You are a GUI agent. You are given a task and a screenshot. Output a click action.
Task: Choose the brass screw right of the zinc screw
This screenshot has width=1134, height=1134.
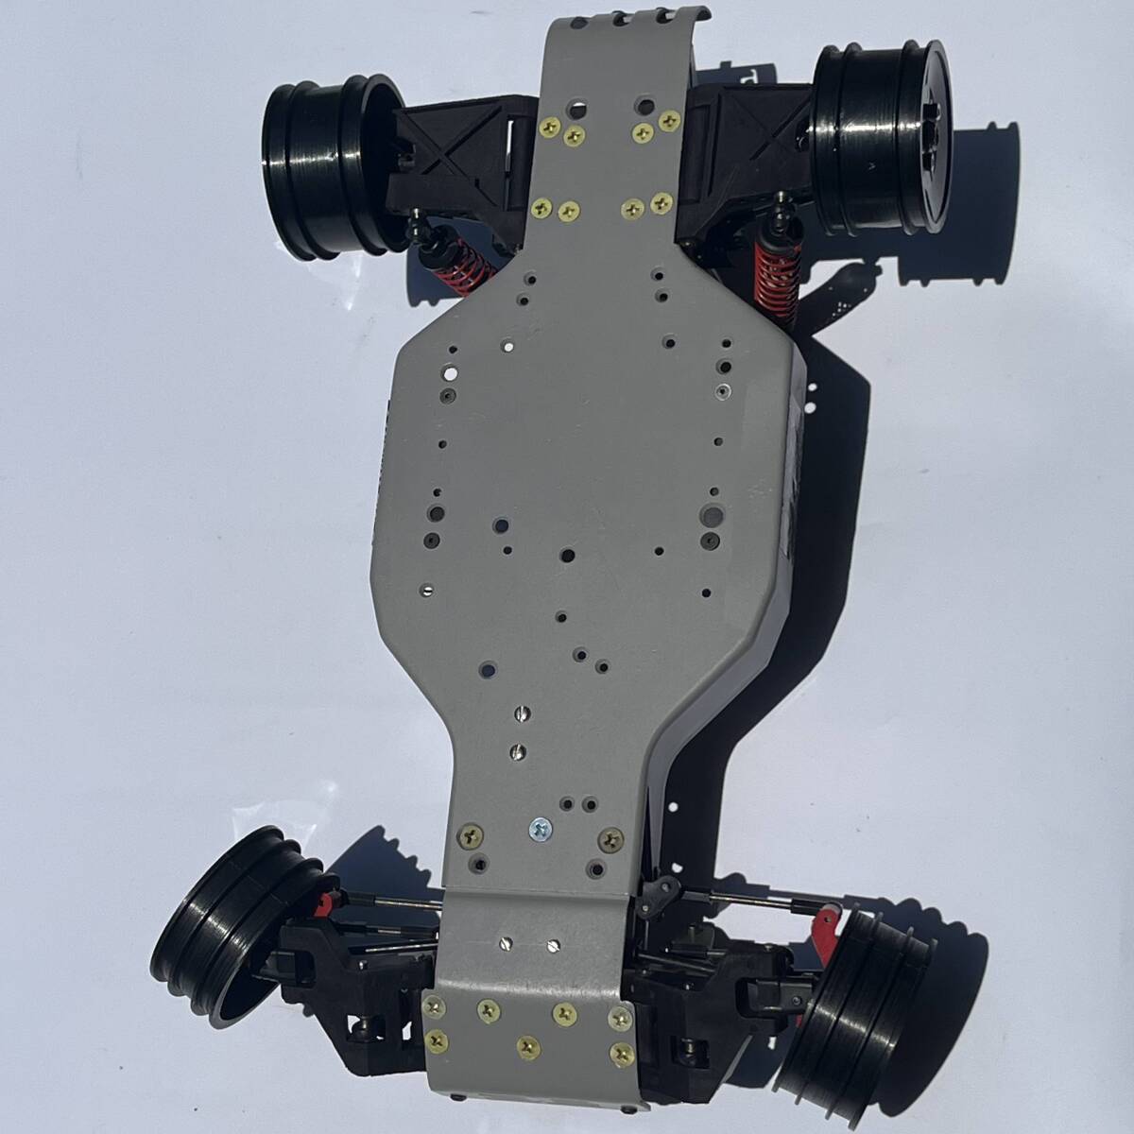click(610, 835)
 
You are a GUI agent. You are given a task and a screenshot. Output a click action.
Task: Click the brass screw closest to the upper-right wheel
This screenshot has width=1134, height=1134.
click(670, 120)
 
